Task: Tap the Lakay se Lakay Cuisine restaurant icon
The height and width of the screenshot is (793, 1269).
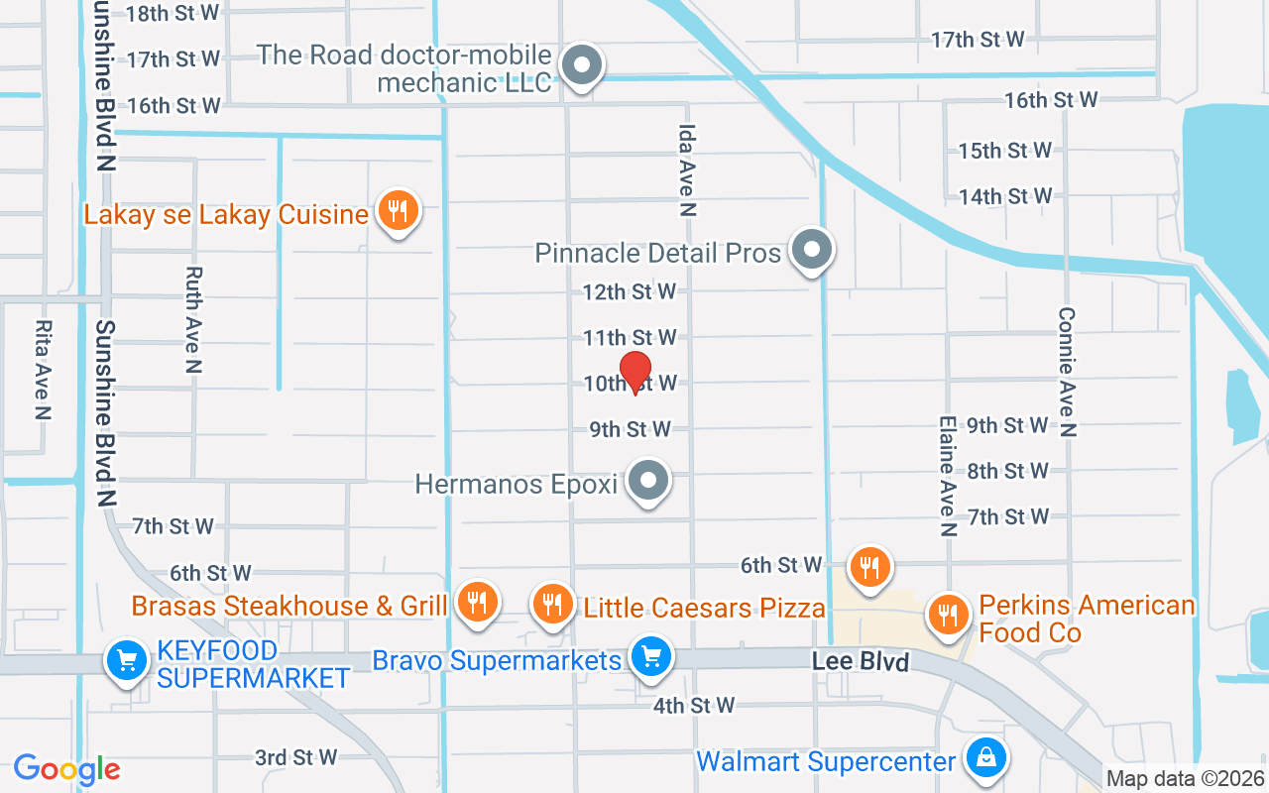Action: click(x=398, y=211)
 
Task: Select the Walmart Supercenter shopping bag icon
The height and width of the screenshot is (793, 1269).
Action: click(x=985, y=758)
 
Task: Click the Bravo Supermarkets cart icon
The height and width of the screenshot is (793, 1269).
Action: click(x=650, y=657)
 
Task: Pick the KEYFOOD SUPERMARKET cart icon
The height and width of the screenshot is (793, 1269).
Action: click(x=127, y=657)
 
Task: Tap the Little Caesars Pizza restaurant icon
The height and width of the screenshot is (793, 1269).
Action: click(x=551, y=602)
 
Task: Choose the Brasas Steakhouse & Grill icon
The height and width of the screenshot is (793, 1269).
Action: click(x=477, y=602)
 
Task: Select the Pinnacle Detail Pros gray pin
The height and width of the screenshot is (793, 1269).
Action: click(x=812, y=250)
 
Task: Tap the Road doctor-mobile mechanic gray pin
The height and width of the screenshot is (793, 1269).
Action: click(x=582, y=66)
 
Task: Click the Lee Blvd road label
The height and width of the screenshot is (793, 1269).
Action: click(x=860, y=661)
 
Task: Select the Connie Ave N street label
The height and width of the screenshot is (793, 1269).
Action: click(x=1067, y=371)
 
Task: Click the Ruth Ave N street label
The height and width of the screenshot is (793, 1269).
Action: click(x=193, y=319)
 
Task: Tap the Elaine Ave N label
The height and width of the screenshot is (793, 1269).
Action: click(x=947, y=476)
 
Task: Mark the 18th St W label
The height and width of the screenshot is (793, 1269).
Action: click(x=173, y=13)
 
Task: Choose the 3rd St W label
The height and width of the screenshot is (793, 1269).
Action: click(x=295, y=757)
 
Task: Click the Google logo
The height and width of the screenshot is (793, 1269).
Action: click(x=66, y=769)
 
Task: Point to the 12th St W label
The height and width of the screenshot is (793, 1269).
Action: click(x=629, y=291)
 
